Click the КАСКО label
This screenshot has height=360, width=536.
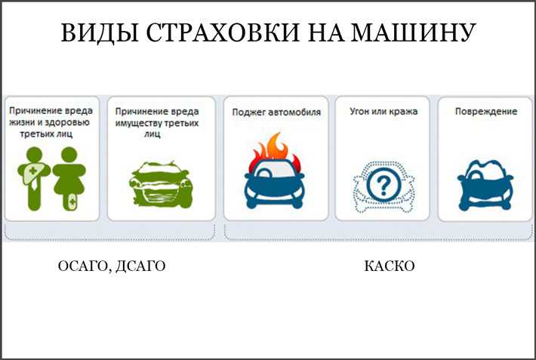pos(390,266)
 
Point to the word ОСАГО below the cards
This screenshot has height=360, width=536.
pos(84,266)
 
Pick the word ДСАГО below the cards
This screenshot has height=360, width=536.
pos(141,266)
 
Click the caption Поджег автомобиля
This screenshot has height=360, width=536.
pos(276,112)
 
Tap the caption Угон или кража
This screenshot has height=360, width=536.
pos(384,112)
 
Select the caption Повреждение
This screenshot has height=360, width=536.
pos(485,112)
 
